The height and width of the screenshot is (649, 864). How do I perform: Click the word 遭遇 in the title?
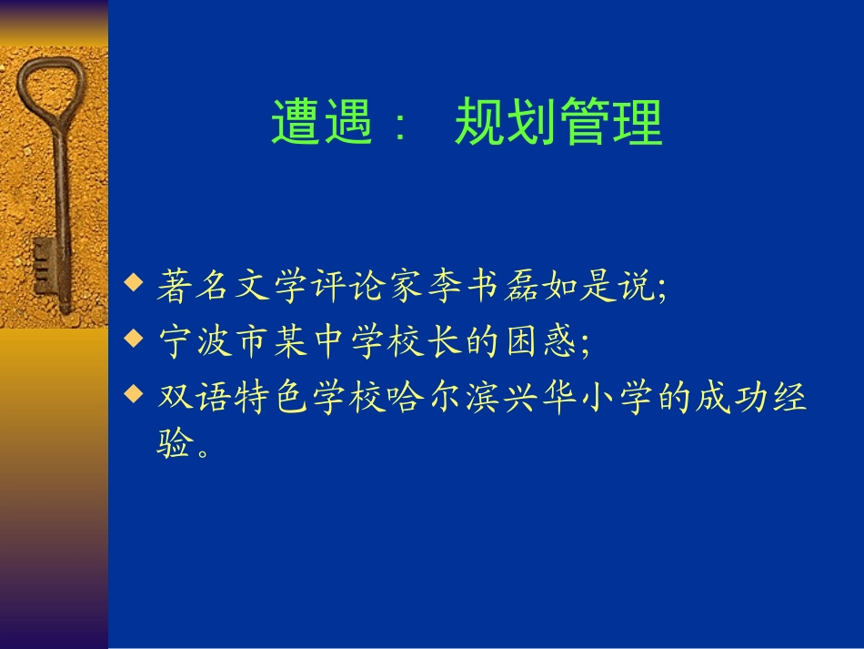pos(322,122)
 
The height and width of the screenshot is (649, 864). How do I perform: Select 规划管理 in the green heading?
pos(558,122)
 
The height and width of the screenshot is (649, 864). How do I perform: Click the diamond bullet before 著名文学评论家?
pos(134,282)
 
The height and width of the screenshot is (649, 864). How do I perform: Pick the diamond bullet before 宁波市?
pos(134,338)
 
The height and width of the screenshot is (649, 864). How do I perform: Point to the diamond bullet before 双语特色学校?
pos(134,394)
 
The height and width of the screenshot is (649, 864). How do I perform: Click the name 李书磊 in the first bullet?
pos(484,286)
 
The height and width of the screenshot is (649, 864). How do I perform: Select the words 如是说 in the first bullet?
pos(599,286)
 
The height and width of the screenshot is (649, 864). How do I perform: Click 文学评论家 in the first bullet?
pos(329,286)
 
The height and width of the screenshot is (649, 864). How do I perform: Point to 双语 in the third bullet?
pos(194,397)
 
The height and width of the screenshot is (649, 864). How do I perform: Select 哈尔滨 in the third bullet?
pos(443,397)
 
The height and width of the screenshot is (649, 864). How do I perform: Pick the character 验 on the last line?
pos(175,442)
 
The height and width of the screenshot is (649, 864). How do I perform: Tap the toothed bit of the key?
pos(44,267)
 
